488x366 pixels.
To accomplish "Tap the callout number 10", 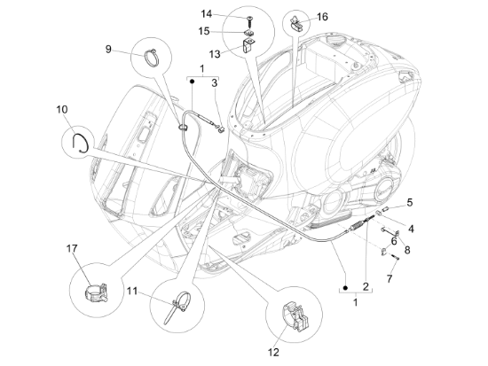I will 62,110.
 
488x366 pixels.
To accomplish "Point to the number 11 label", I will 131,291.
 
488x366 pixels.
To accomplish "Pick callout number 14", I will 206,14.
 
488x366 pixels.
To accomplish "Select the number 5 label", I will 409,201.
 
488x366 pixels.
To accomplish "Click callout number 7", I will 389,278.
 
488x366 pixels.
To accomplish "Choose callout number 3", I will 214,82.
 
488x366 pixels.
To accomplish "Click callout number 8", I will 407,249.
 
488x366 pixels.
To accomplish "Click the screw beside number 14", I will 249,17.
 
